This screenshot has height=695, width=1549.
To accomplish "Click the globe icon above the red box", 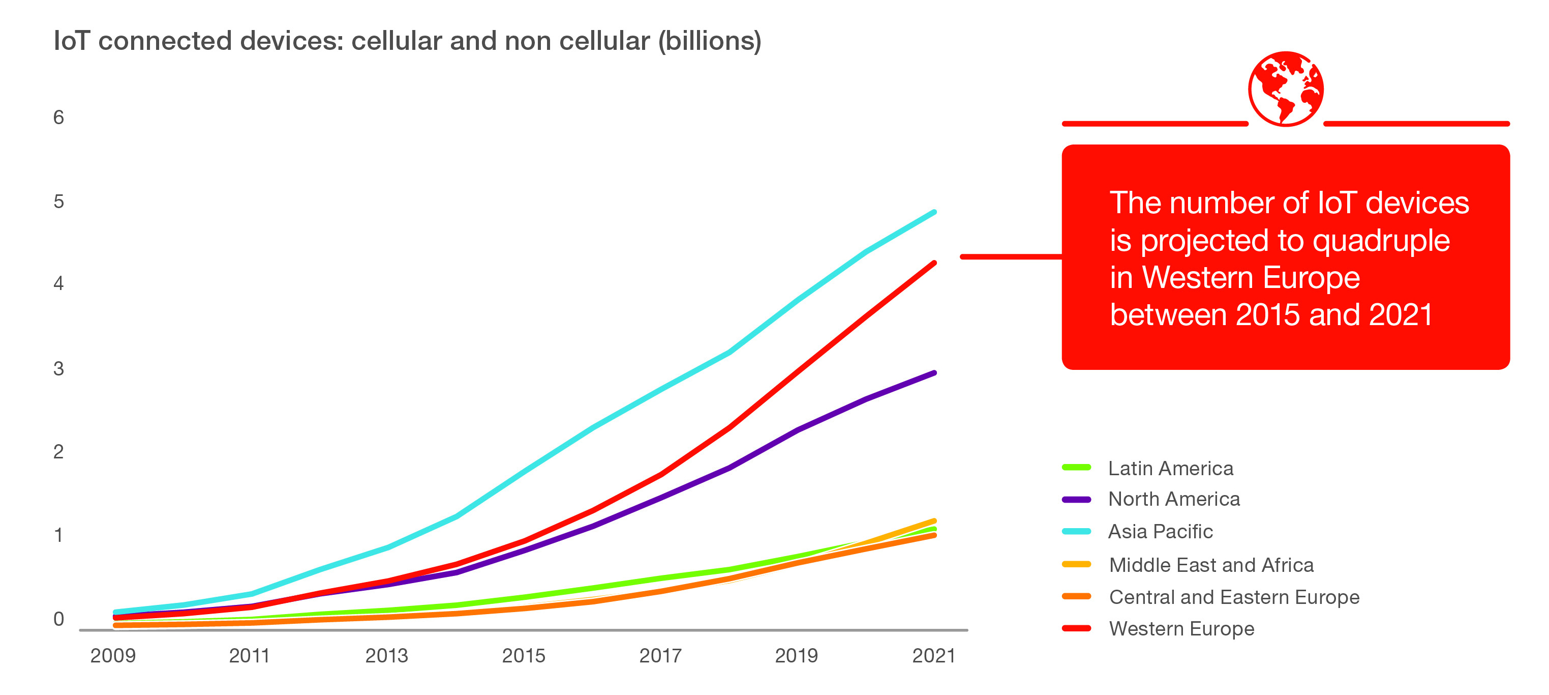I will coord(1286,89).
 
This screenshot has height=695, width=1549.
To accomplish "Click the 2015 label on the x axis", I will coord(523,655).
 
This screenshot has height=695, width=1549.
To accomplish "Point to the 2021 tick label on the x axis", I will coord(933,655).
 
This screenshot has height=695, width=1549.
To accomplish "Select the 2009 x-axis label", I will coord(113,655).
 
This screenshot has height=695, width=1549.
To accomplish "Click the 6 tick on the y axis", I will coord(58,118).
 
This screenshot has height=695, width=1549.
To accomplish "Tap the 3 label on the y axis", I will coord(58,368).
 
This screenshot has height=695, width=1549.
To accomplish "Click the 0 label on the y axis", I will coord(58,619).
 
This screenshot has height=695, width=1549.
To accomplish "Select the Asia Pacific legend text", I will coord(1160,531).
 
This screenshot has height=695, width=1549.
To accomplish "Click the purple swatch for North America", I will coord(1076,500).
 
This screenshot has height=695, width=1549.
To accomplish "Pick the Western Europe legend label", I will coord(1181,628).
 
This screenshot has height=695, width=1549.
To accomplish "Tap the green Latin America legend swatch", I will coord(1076,468).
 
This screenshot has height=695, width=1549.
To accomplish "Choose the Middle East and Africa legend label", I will coord(1211,564).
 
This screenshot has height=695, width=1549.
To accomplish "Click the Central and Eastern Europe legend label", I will coord(1234,596).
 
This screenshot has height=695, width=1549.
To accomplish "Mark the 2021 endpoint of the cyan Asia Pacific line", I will coord(934,212).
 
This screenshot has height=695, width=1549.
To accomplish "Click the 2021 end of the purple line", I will coord(934,373).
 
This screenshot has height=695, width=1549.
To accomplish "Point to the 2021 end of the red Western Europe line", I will coord(934,263).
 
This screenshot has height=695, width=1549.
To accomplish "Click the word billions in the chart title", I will coord(710,41).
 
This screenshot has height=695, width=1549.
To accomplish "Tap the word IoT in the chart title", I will coord(72,41).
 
